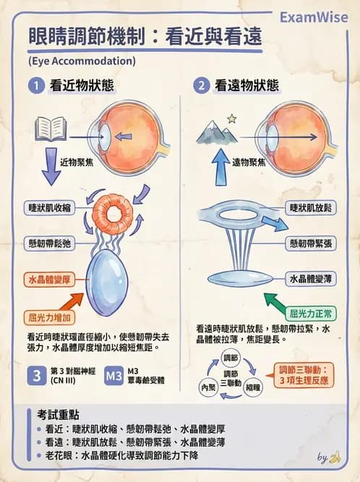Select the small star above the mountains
231,118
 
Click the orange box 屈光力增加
52,317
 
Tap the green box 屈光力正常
311,314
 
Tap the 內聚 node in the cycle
207,388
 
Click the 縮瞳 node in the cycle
253,388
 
